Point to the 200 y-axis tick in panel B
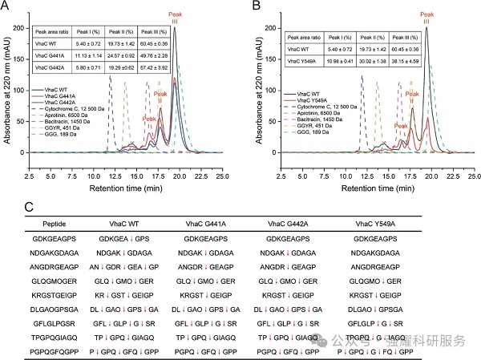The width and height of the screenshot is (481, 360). [x=269, y=28]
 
